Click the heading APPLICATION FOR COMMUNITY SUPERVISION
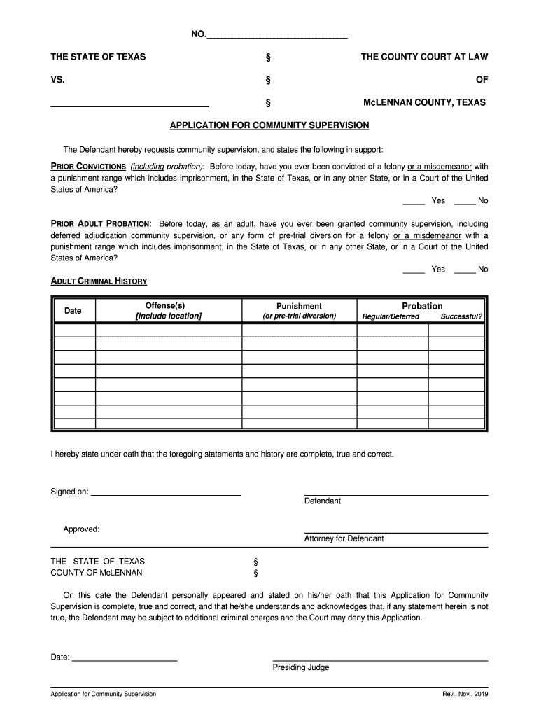[269, 125]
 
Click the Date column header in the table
[73, 311]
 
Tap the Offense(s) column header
[168, 311]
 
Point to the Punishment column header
[299, 307]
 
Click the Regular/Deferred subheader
[391, 316]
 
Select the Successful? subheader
[461, 316]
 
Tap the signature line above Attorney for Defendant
[395, 531]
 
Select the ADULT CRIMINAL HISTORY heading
[99, 281]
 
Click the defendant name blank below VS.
[129, 104]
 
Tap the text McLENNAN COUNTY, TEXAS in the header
[424, 102]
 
